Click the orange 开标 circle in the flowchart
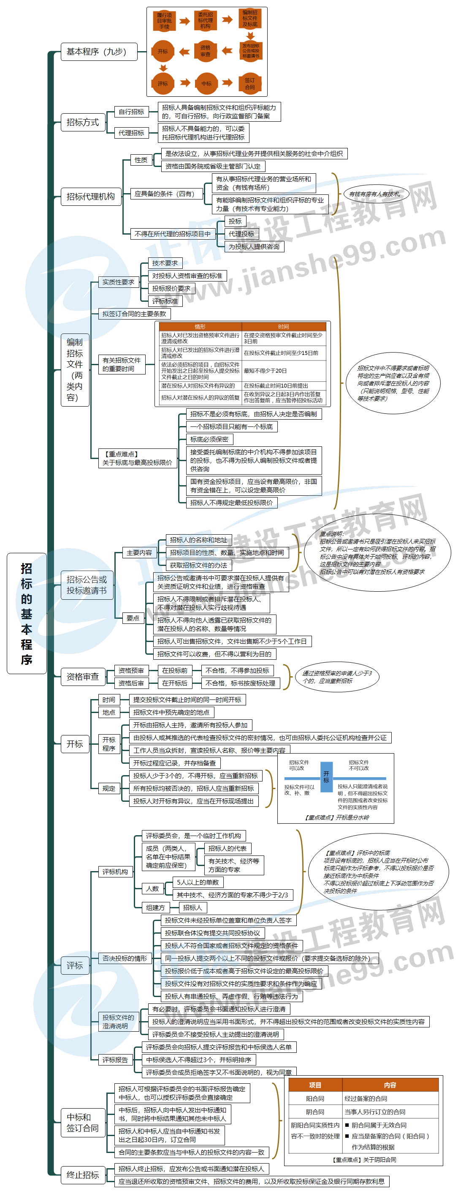(163, 52)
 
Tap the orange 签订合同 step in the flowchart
(250, 83)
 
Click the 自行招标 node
(131, 112)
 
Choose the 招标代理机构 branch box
(91, 197)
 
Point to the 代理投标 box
(241, 234)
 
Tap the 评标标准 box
(165, 301)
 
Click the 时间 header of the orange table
(283, 327)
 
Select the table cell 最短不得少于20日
(283, 371)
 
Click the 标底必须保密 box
(209, 440)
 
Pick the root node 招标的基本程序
(27, 613)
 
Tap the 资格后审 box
(131, 683)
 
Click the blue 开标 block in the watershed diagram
(326, 777)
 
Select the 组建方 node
(156, 907)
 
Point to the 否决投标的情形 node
(125, 958)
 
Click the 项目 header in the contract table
(315, 1085)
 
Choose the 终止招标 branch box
(82, 1175)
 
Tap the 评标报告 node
(115, 1060)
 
